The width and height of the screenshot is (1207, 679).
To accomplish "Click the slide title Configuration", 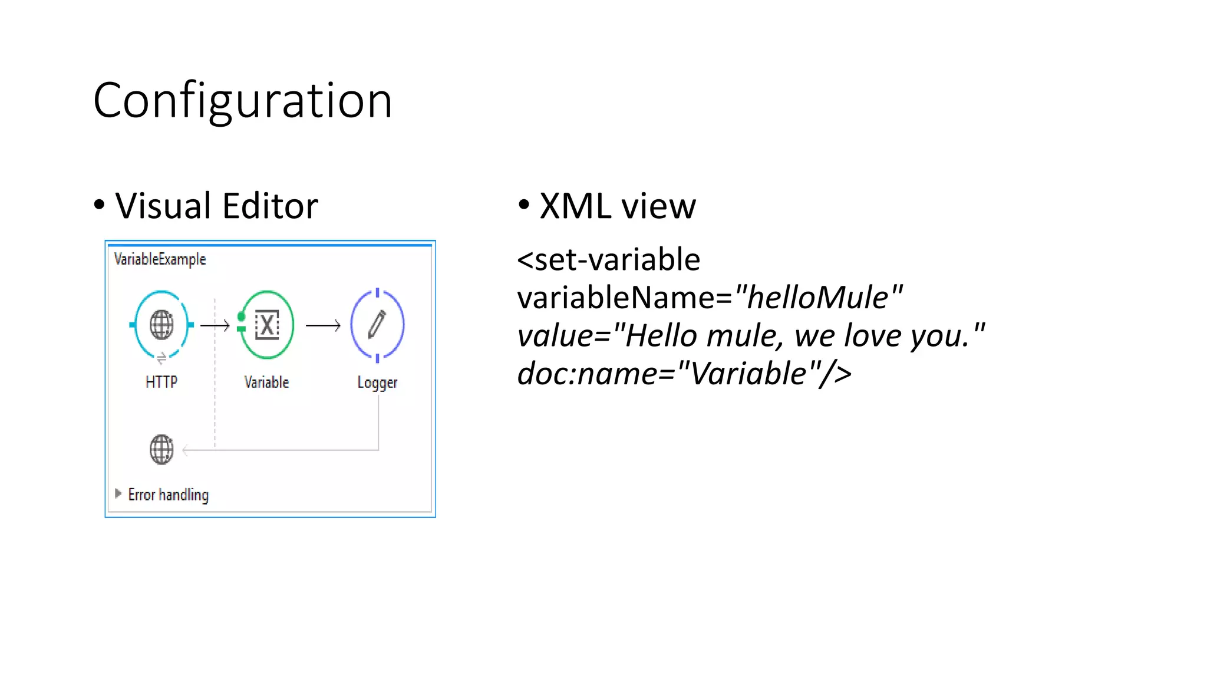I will point(242,101).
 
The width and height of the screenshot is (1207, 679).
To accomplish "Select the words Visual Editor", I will point(216,206).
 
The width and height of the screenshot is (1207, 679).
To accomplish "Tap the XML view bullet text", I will point(617,206).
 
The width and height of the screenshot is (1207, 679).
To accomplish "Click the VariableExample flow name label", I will point(160,259).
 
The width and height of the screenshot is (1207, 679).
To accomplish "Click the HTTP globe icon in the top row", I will point(161,325).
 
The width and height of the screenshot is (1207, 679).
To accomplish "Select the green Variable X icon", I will point(267,325).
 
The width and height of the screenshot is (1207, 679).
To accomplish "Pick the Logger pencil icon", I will point(377,325).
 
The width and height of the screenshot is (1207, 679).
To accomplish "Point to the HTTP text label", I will point(161,383).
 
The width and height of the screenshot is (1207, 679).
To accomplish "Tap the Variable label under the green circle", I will point(266,383).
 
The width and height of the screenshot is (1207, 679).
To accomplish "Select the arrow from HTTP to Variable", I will point(215,325).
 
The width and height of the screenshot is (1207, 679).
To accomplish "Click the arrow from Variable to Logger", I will point(323,325).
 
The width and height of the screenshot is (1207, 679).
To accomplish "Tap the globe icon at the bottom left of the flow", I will point(161,450).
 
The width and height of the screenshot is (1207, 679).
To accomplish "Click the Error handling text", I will point(168,495).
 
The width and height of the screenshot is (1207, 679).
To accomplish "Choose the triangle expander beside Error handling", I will point(118,493).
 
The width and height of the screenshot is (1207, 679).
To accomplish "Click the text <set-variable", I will point(608,260).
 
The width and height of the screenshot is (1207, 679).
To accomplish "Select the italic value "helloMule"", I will point(819,298).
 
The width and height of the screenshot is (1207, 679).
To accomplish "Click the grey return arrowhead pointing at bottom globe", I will point(186,450).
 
